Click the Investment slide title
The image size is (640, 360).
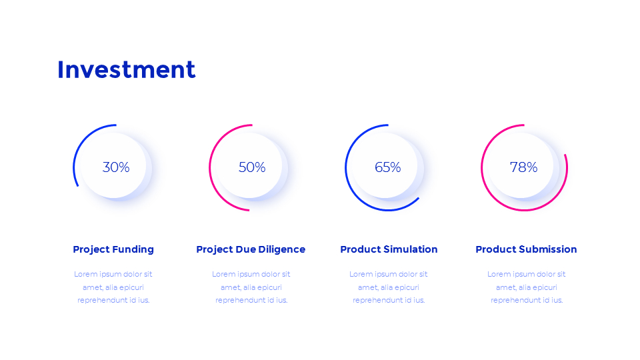(126, 70)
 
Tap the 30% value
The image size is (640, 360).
(116, 167)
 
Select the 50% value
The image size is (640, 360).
(252, 167)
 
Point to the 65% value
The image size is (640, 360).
(388, 167)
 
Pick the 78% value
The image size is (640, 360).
(523, 167)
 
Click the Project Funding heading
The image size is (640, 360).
(113, 249)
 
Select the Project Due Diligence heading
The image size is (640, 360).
(251, 249)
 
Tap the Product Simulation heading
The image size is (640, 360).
(389, 249)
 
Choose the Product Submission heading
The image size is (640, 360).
(526, 249)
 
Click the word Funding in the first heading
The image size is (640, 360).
(133, 249)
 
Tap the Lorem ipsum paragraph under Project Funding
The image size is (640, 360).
(113, 287)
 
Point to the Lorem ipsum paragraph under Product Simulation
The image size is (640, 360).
(389, 287)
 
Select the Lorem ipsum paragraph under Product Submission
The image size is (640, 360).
(527, 287)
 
